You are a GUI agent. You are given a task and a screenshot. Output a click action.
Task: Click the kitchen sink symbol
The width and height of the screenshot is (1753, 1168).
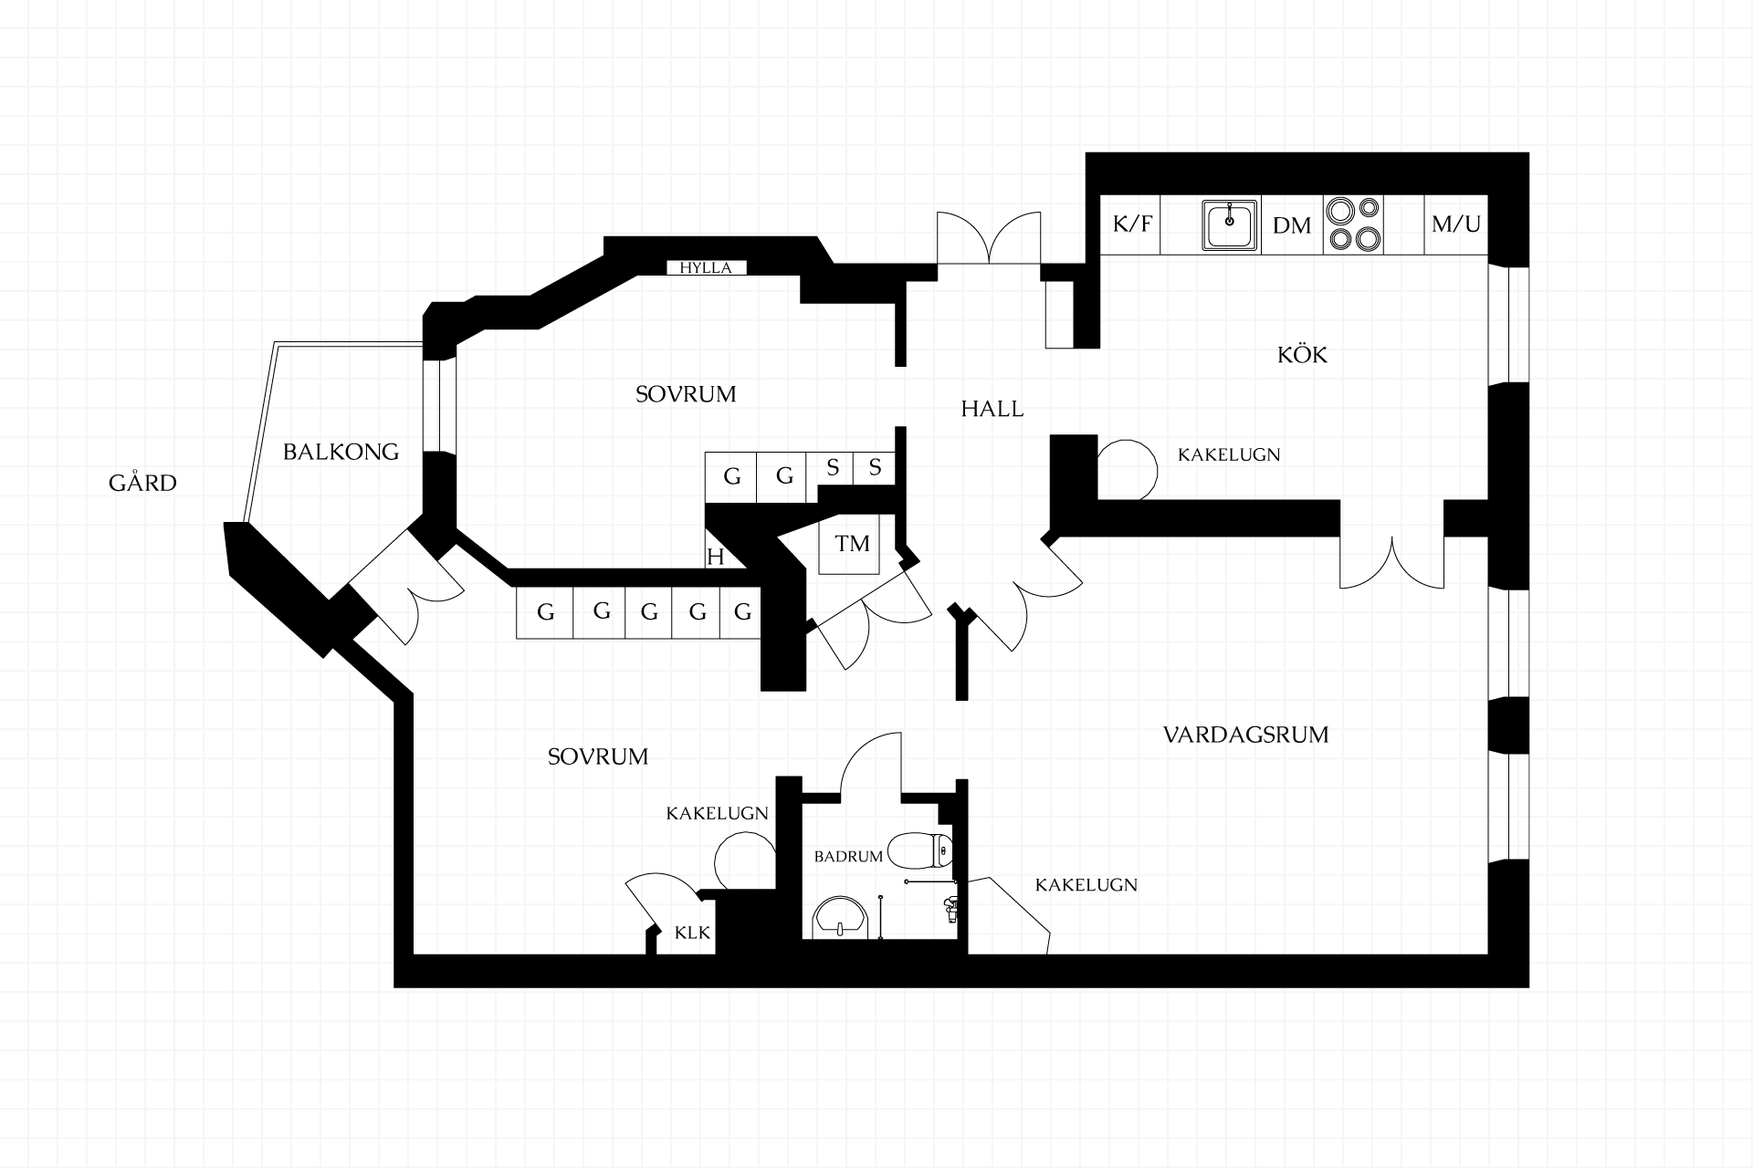tap(1229, 225)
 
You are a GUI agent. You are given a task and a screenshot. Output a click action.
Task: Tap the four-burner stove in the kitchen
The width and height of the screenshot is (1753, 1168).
tap(1354, 224)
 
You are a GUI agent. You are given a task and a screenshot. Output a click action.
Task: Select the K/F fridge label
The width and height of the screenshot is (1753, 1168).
tap(1132, 224)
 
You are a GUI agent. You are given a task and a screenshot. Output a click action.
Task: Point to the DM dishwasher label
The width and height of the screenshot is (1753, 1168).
tap(1292, 225)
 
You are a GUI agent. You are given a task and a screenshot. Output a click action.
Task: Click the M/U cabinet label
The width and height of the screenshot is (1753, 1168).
tap(1456, 224)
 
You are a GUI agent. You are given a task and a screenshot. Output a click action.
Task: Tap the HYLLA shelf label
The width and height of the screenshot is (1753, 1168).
tap(706, 268)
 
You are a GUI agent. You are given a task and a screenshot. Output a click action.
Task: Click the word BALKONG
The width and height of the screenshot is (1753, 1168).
tap(341, 452)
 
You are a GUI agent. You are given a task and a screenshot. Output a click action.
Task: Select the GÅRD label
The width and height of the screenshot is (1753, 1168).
tap(142, 483)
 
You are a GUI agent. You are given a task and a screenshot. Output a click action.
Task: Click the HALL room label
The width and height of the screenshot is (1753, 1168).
tap(992, 409)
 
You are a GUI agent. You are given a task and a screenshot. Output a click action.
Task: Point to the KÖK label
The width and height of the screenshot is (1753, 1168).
tap(1303, 354)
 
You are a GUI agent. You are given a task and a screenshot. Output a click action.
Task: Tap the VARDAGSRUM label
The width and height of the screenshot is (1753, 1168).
tap(1246, 735)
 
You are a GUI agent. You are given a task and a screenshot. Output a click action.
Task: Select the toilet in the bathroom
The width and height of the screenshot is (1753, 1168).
tap(920, 850)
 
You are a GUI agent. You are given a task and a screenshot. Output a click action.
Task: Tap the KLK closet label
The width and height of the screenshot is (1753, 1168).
tap(692, 933)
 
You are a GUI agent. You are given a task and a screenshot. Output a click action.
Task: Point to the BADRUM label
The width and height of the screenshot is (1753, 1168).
tap(848, 857)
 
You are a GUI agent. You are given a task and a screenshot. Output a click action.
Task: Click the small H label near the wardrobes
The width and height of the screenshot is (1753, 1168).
tap(716, 557)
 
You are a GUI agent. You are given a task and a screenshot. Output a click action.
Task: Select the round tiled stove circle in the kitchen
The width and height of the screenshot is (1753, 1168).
tap(1127, 470)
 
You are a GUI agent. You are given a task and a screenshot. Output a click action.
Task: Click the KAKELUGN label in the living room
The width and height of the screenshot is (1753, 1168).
tap(1086, 884)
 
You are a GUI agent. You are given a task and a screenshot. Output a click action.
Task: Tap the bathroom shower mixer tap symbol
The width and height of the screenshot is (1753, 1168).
tap(950, 905)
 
